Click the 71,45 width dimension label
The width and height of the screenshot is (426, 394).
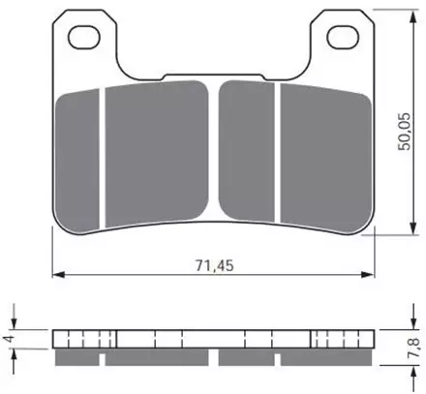pyautogui.click(x=214, y=265)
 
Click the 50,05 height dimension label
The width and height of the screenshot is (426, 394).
pyautogui.click(x=404, y=132)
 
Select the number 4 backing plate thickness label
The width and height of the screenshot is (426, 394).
pyautogui.click(x=10, y=339)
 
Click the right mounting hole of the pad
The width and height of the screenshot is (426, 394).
pyautogui.click(x=343, y=37)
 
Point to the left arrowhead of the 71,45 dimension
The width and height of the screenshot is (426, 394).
pyautogui.click(x=58, y=275)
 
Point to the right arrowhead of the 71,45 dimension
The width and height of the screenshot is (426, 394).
pyautogui.click(x=368, y=275)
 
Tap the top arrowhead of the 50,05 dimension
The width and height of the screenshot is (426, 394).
pyautogui.click(x=412, y=16)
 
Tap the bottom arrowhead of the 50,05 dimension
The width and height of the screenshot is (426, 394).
pyautogui.click(x=412, y=228)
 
